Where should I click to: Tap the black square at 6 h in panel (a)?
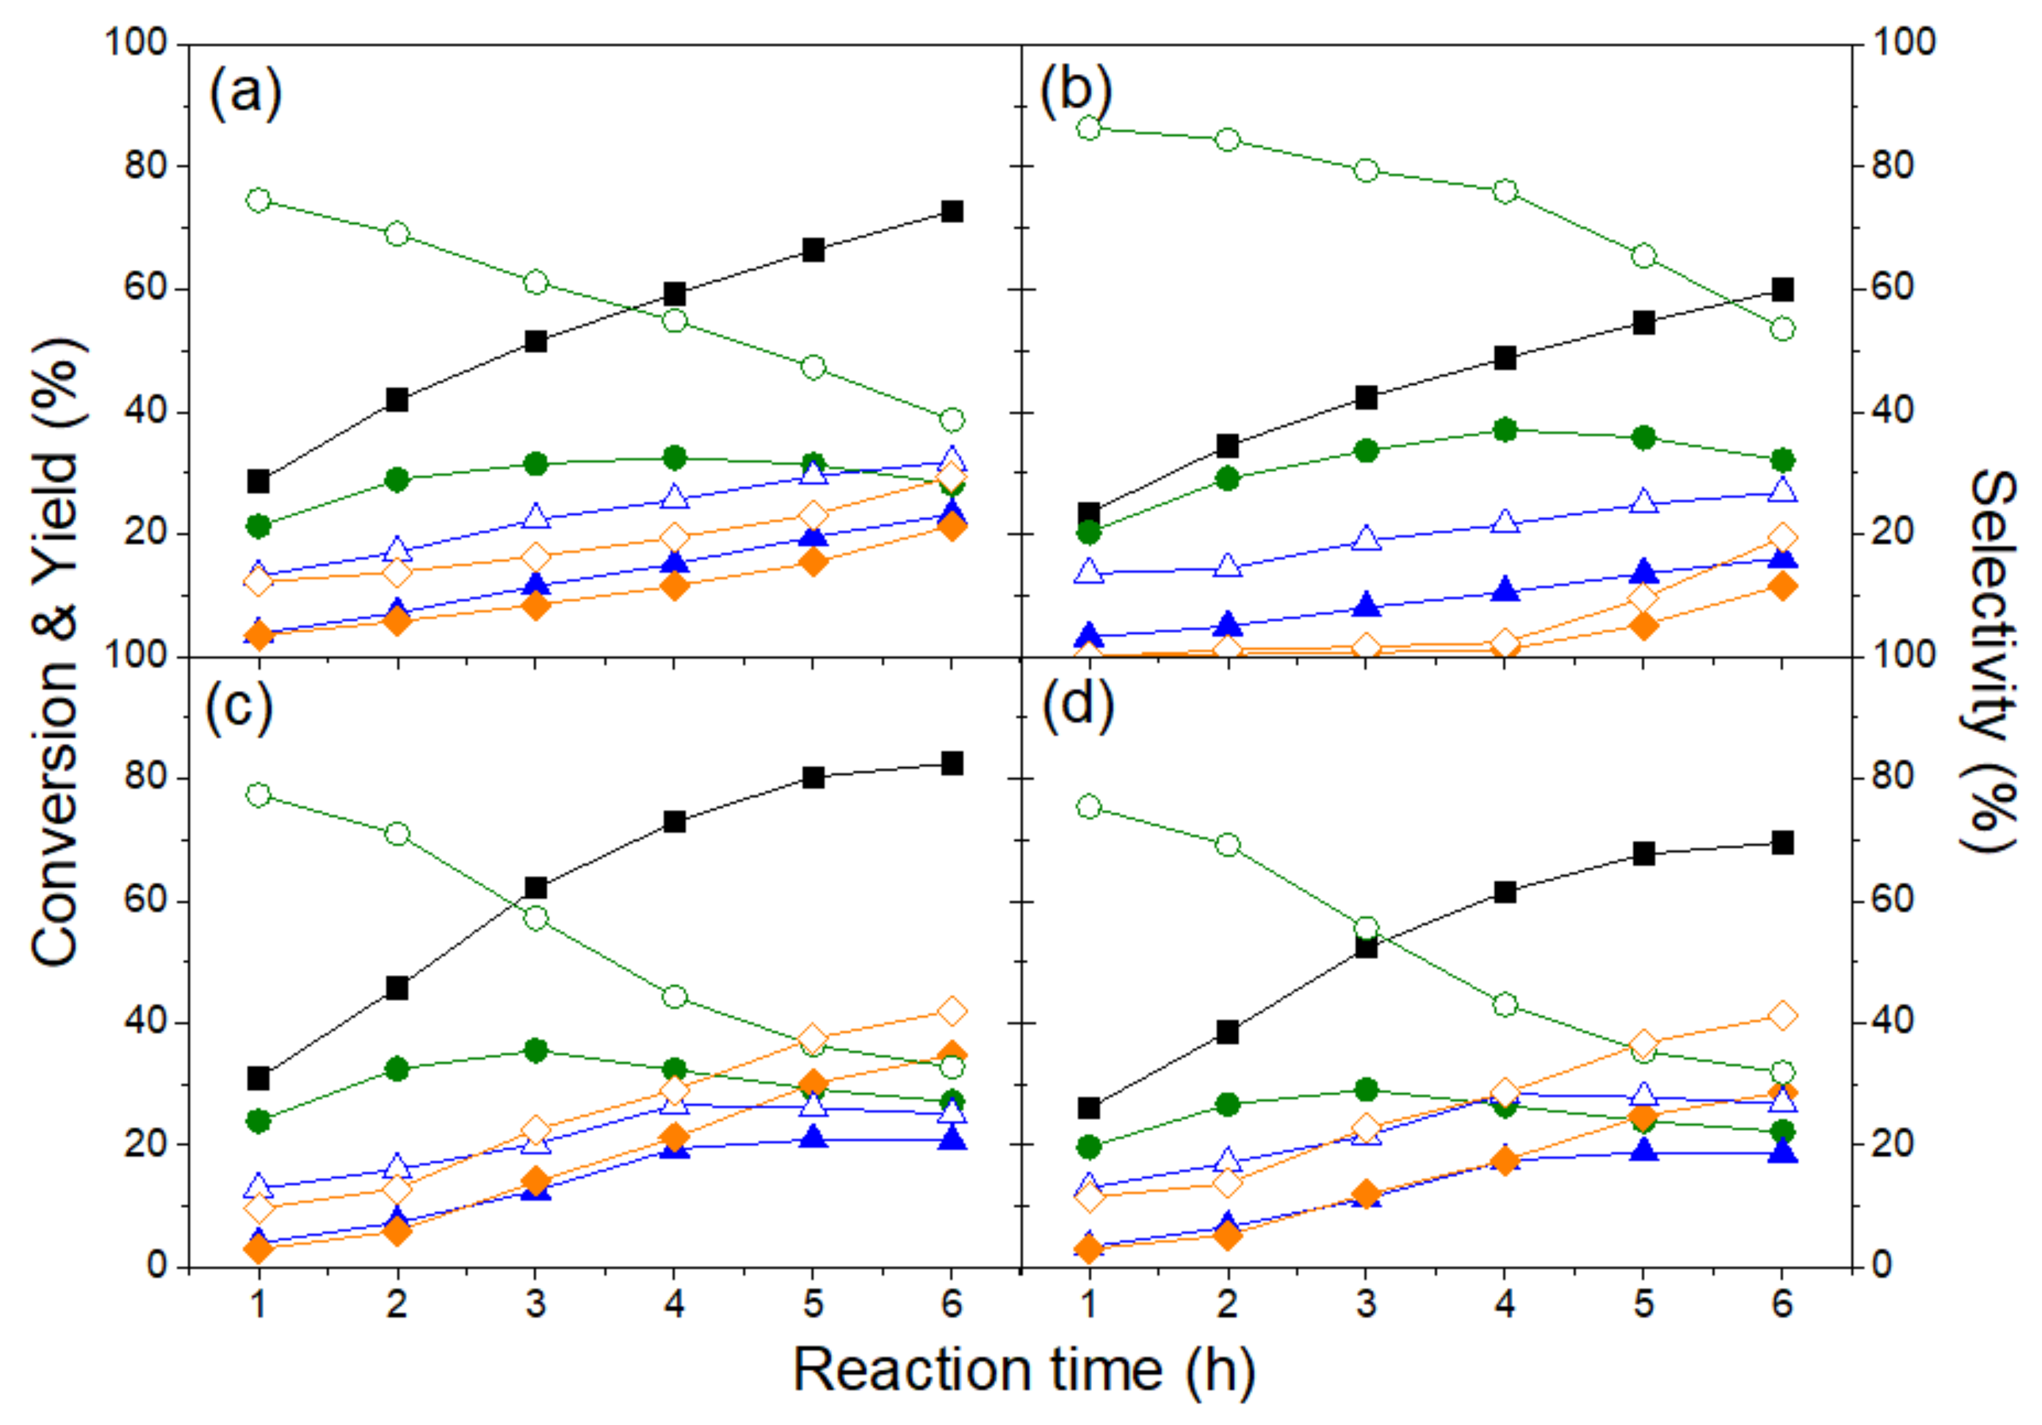pyautogui.click(x=951, y=211)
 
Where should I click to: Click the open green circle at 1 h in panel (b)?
pyautogui.click(x=1089, y=128)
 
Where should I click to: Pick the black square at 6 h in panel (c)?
pyautogui.click(x=951, y=764)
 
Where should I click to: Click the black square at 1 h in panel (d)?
pyautogui.click(x=1089, y=1108)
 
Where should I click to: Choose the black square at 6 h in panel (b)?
pyautogui.click(x=1782, y=290)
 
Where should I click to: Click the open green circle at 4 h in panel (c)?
pyautogui.click(x=674, y=997)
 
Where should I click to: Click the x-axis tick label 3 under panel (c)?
pyautogui.click(x=535, y=1304)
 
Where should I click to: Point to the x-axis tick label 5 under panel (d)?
pyautogui.click(x=1644, y=1304)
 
